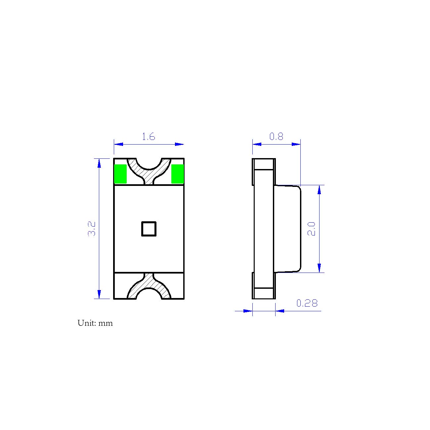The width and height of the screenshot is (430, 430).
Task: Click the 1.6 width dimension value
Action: pyautogui.click(x=149, y=136)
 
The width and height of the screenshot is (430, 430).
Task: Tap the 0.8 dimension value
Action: pyautogui.click(x=276, y=136)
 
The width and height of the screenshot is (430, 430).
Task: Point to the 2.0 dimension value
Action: pyautogui.click(x=312, y=229)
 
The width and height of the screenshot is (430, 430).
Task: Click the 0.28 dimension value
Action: pyautogui.click(x=307, y=303)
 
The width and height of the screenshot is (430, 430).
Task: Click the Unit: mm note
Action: pyautogui.click(x=95, y=323)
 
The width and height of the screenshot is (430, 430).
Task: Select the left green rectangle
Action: pyautogui.click(x=120, y=174)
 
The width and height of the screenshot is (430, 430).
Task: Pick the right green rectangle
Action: pyautogui.click(x=177, y=174)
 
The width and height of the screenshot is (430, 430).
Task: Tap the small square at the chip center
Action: pyautogui.click(x=149, y=229)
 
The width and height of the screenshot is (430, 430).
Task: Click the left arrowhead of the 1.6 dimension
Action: pyautogui.click(x=118, y=144)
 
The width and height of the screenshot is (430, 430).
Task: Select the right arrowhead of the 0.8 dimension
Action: pyautogui.click(x=296, y=144)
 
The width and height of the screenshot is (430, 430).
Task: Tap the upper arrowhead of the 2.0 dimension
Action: pyautogui.click(x=319, y=190)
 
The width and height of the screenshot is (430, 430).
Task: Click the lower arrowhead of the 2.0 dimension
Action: pyautogui.click(x=319, y=268)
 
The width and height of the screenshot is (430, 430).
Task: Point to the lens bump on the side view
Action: pyautogui.click(x=287, y=229)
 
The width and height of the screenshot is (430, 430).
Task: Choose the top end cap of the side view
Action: pyautogui.click(x=264, y=164)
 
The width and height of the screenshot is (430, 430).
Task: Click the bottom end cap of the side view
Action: pyautogui.click(x=264, y=293)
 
